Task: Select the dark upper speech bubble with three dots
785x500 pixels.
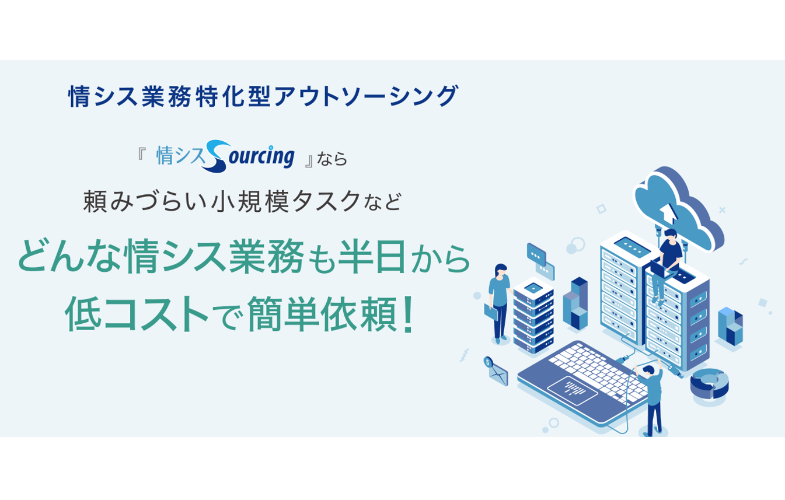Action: (x=536, y=253)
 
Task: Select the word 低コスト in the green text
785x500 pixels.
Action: (x=137, y=314)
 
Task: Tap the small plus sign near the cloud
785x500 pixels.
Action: (x=722, y=209)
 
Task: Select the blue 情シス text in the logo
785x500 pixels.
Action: (x=181, y=156)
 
